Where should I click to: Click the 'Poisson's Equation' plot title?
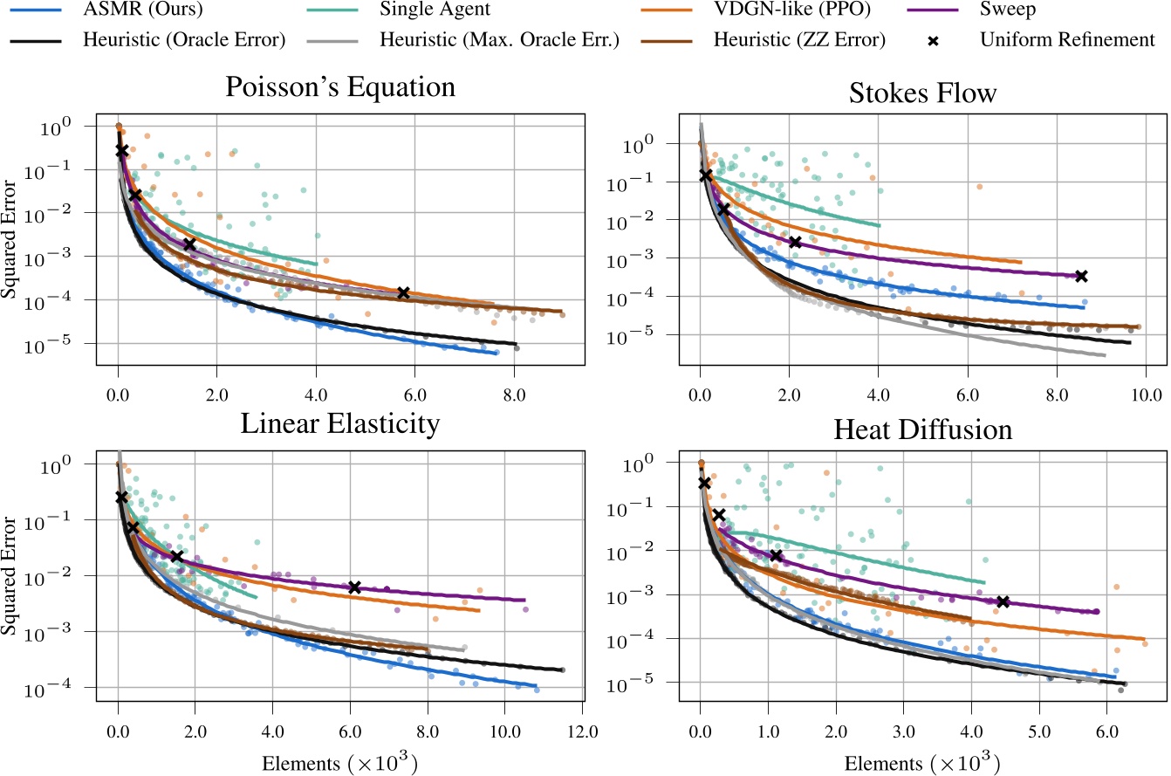click(x=340, y=88)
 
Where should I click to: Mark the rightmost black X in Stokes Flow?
click(x=1081, y=276)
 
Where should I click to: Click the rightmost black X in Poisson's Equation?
click(x=403, y=292)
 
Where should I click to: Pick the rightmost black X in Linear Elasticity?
click(x=354, y=587)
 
